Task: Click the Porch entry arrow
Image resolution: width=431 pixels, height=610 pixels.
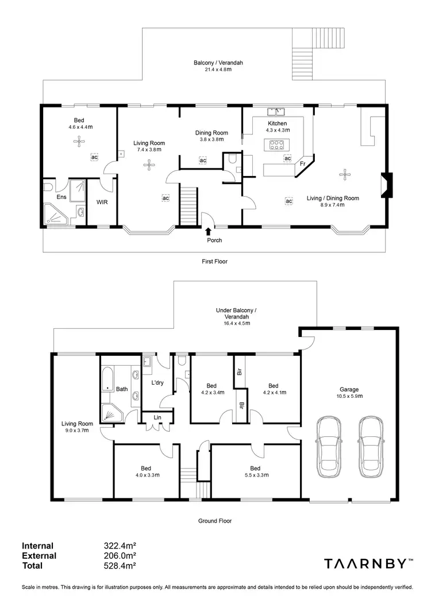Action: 207,231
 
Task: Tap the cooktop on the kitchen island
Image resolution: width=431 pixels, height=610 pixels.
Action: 277,145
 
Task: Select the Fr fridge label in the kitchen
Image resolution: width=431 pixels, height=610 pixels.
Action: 302,164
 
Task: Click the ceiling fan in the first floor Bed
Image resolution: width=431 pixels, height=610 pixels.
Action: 76,144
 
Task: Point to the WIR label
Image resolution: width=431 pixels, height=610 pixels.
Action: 102,202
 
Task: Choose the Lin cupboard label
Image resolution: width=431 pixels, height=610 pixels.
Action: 157,417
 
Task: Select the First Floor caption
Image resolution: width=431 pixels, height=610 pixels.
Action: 214,262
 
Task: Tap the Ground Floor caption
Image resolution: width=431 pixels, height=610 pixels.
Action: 214,521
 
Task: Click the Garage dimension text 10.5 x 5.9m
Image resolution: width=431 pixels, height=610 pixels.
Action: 349,396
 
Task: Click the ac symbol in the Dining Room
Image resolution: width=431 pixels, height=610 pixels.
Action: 203,160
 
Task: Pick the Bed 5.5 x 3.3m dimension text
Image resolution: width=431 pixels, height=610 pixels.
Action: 255,475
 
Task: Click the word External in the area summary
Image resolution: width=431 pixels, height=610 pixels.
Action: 39,556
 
